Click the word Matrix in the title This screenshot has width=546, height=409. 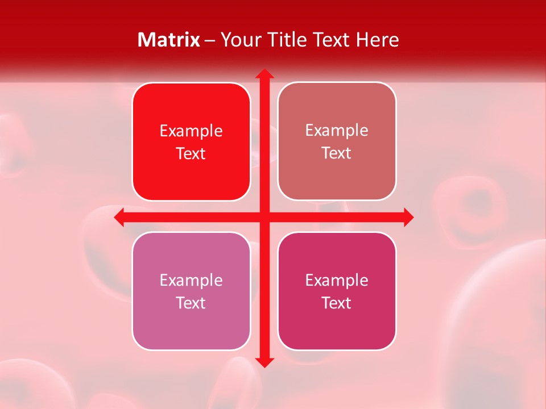click(169, 40)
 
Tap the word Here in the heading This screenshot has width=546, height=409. click(377, 40)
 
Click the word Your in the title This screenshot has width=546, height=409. click(238, 40)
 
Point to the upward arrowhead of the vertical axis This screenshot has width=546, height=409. click(264, 74)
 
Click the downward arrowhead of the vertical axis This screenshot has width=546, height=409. click(264, 362)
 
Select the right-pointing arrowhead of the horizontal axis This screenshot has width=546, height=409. click(408, 218)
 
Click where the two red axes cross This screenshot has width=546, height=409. click(264, 218)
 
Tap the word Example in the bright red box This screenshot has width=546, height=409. click(191, 131)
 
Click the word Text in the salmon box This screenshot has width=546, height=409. click(337, 153)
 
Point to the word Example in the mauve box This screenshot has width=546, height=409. click(191, 281)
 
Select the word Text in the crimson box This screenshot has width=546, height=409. click(337, 303)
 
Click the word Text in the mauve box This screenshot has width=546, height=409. click(191, 303)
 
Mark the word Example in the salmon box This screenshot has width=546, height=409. click(337, 131)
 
